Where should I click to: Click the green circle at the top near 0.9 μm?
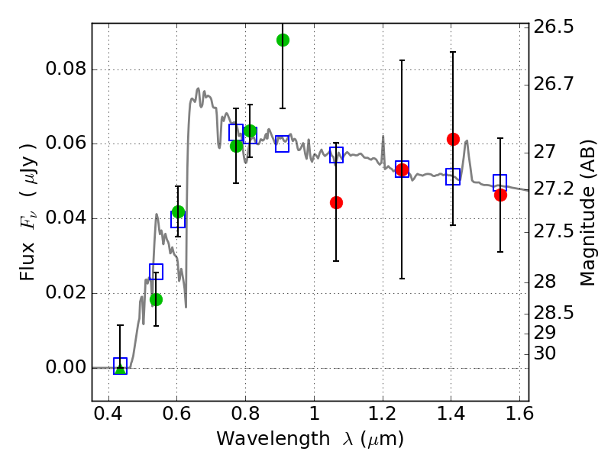click(283, 40)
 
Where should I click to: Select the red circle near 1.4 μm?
click(453, 139)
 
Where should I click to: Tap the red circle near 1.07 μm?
click(336, 202)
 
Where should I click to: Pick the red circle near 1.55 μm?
click(500, 195)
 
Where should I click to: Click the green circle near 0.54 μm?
click(156, 299)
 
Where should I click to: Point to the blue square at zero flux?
click(120, 366)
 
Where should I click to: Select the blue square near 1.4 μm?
click(453, 176)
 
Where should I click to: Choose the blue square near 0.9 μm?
click(283, 144)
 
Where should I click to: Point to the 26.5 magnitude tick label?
click(553, 27)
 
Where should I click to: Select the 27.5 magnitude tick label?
click(553, 231)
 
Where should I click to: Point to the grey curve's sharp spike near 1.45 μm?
click(466, 141)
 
